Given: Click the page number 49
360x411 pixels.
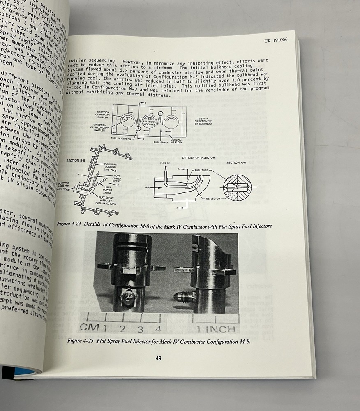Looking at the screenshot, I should point(158,358).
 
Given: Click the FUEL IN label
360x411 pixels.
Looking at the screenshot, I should point(164,164).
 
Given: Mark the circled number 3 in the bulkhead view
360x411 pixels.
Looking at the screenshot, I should point(138,129).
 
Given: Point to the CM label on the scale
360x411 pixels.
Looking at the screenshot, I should point(90,327).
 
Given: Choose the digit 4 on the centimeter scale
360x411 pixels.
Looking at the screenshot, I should point(158,329).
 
